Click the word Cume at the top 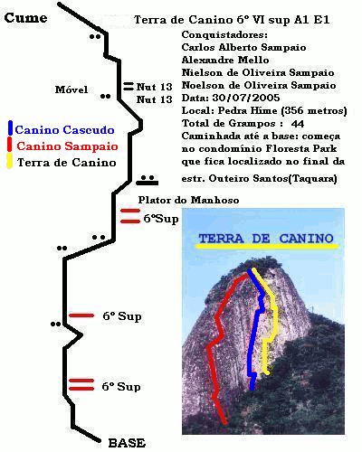tap(25, 18)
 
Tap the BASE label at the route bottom tap(127, 443)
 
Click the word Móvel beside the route tap(71, 89)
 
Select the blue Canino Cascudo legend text tap(64, 130)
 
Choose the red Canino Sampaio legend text tap(67, 146)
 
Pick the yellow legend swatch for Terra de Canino tap(10, 160)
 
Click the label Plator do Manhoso tap(188, 200)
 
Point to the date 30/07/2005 tap(246, 98)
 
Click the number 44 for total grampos tap(298, 124)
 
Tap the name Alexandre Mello tap(225, 60)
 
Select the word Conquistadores tap(224, 34)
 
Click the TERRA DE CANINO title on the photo tap(266, 239)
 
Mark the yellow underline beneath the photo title tap(267, 246)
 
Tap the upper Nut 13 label tap(154, 87)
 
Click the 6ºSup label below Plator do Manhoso tap(161, 219)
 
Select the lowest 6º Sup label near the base tap(121, 387)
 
